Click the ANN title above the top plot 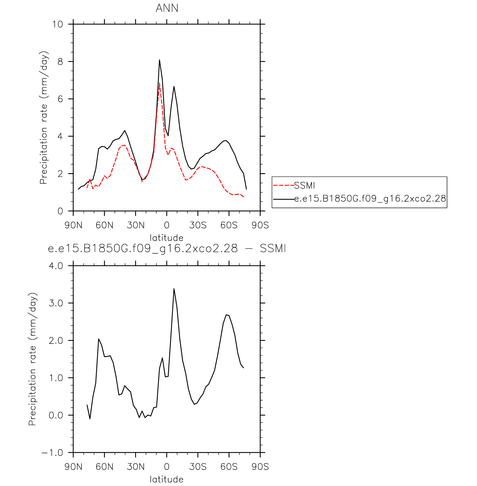click(167, 8)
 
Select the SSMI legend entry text click(305, 185)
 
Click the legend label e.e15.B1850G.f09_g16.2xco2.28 click(370, 198)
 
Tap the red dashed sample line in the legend click(284, 185)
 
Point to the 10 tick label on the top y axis click(58, 24)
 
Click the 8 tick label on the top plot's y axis click(60, 62)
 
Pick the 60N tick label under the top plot click(104, 225)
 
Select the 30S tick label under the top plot click(198, 225)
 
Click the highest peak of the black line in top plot click(159, 60)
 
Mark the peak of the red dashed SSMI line click(159, 83)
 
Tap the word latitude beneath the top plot click(167, 238)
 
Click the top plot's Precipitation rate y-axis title click(44, 118)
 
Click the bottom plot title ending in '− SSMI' click(167, 248)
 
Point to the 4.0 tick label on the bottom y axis click(56, 266)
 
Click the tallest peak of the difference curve click(174, 289)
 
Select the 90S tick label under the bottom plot click(260, 466)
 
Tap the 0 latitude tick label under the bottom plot click(167, 466)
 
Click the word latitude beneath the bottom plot click(167, 479)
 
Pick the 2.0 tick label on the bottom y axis click(56, 341)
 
